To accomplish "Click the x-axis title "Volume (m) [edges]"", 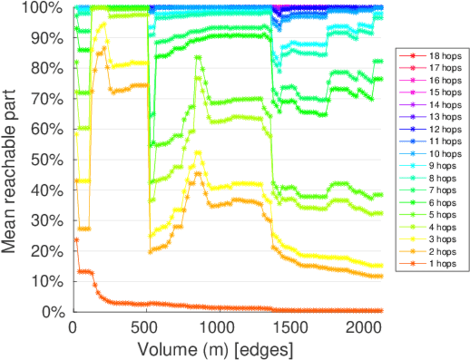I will click(215, 349).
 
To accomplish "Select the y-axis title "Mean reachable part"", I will click(13, 160).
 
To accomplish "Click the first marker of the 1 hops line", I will click(76, 240).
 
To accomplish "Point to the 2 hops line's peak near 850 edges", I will click(197, 173).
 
